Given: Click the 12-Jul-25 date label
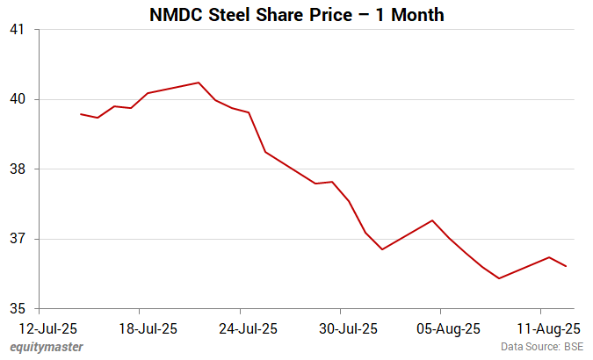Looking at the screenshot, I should pyautogui.click(x=40, y=329).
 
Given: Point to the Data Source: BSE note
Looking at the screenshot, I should pyautogui.click(x=540, y=348).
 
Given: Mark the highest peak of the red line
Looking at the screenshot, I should pyautogui.click(x=199, y=83).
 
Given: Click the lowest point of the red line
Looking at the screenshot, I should pyautogui.click(x=498, y=278).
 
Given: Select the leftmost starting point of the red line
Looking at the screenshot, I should pyautogui.click(x=81, y=114).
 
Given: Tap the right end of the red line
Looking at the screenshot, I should pyautogui.click(x=566, y=266).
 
